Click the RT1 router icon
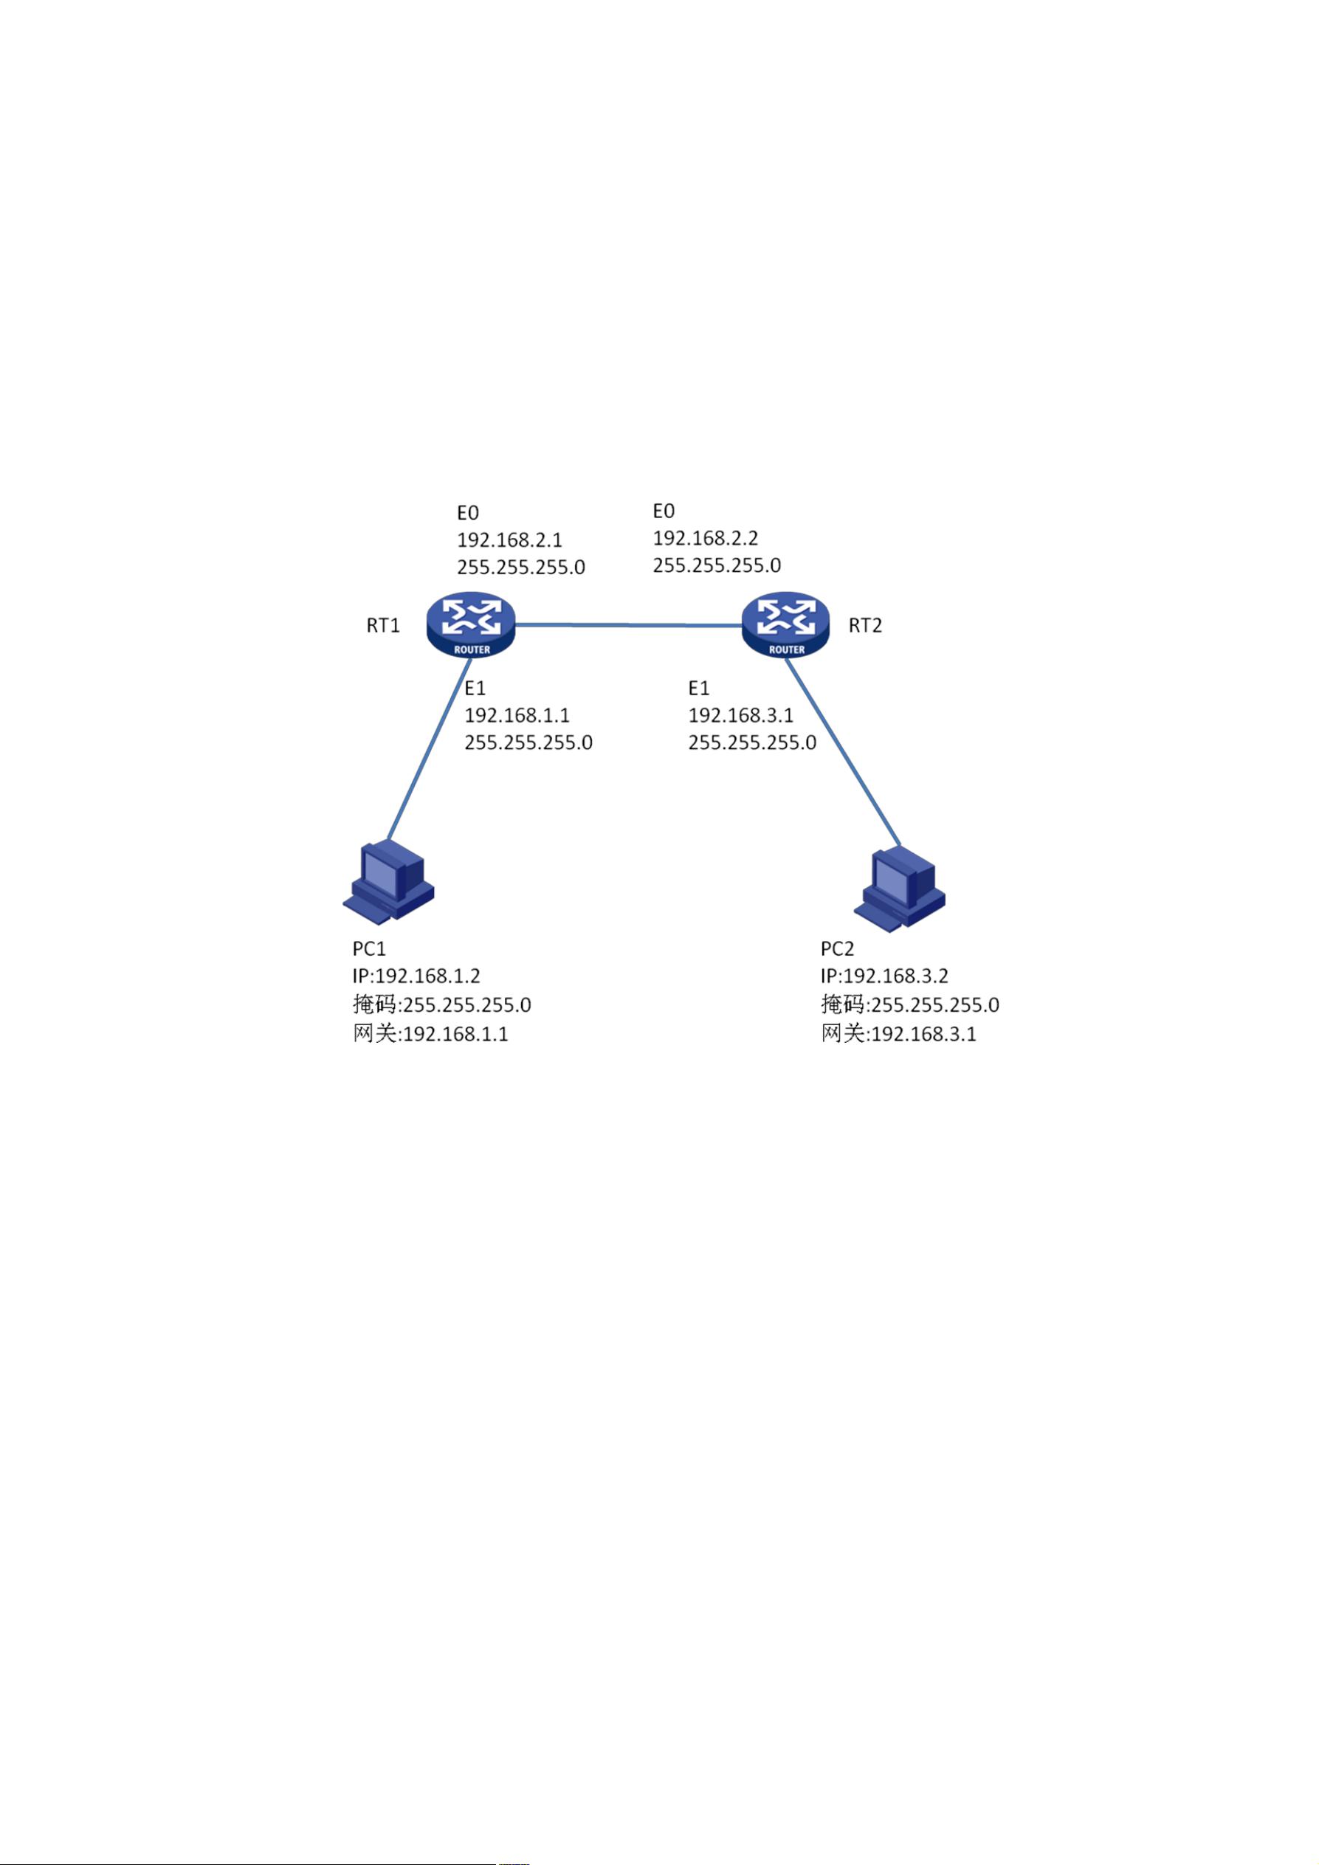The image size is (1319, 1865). pyautogui.click(x=471, y=624)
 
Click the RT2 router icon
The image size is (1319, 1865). pyautogui.click(x=786, y=624)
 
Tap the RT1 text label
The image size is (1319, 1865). pyautogui.click(x=383, y=625)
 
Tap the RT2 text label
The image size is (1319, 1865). pyautogui.click(x=865, y=625)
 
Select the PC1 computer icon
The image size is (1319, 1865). pyautogui.click(x=389, y=883)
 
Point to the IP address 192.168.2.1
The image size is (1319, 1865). pyautogui.click(x=509, y=540)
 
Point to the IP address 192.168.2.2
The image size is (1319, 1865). pyautogui.click(x=705, y=539)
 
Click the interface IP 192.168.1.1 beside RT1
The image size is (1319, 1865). pyautogui.click(x=517, y=716)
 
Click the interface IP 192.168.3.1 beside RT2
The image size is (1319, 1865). pyautogui.click(x=741, y=716)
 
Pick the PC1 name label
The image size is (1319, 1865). pyautogui.click(x=369, y=949)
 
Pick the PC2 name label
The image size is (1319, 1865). pyautogui.click(x=837, y=949)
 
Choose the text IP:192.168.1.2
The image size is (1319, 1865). pyautogui.click(x=416, y=976)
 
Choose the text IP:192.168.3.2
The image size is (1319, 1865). pyautogui.click(x=884, y=976)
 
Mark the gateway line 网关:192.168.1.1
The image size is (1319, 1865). pyautogui.click(x=430, y=1034)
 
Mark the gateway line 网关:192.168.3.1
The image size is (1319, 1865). pyautogui.click(x=898, y=1034)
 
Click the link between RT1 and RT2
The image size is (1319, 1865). pyautogui.click(x=630, y=625)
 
